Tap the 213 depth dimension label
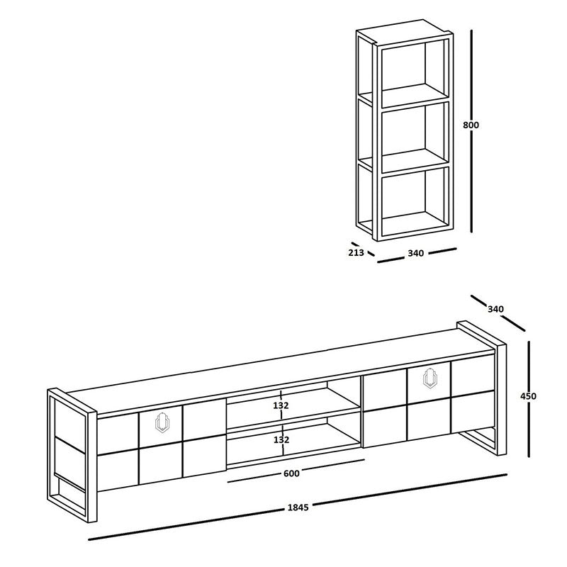[x=356, y=252]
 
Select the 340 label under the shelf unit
[x=416, y=254]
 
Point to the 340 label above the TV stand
[x=496, y=308]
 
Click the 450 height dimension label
[x=528, y=396]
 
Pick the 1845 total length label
[x=298, y=507]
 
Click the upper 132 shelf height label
[x=281, y=405]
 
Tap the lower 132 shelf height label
[x=281, y=439]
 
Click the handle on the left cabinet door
[x=162, y=422]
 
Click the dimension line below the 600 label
[x=295, y=481]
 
